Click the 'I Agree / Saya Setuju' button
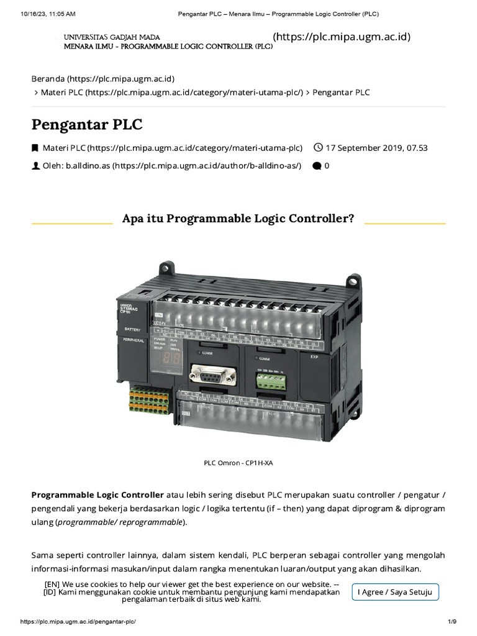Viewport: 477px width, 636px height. [395, 592]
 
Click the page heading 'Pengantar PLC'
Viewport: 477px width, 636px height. [87, 124]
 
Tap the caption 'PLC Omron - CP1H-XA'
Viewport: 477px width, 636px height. [238, 463]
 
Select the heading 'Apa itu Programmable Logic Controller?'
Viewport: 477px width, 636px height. [238, 219]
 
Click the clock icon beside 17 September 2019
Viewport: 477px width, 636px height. [318, 148]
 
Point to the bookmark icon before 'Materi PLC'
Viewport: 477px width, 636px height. [35, 148]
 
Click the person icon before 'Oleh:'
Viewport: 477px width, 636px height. [35, 166]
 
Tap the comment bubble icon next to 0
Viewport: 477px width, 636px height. [317, 166]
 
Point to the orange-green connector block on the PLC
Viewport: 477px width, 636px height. [149, 398]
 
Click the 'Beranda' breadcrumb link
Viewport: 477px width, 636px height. [102, 79]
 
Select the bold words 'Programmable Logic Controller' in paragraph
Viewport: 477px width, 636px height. [98, 495]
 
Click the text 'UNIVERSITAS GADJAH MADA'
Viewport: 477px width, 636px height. [112, 38]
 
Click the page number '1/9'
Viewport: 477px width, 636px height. [452, 622]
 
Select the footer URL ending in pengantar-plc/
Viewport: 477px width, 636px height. [78, 622]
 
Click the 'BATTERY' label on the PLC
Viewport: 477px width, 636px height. [133, 329]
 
